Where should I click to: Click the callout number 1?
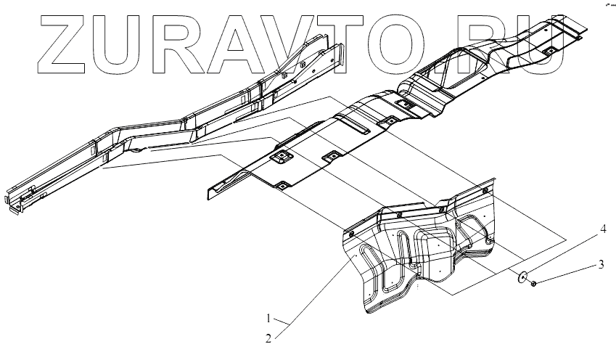(x=268, y=318)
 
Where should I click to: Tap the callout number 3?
(x=601, y=264)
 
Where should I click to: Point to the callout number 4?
(x=601, y=229)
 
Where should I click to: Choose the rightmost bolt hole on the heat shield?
(x=484, y=191)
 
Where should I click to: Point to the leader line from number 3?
(x=566, y=274)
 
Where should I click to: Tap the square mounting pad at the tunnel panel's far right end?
(x=549, y=51)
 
